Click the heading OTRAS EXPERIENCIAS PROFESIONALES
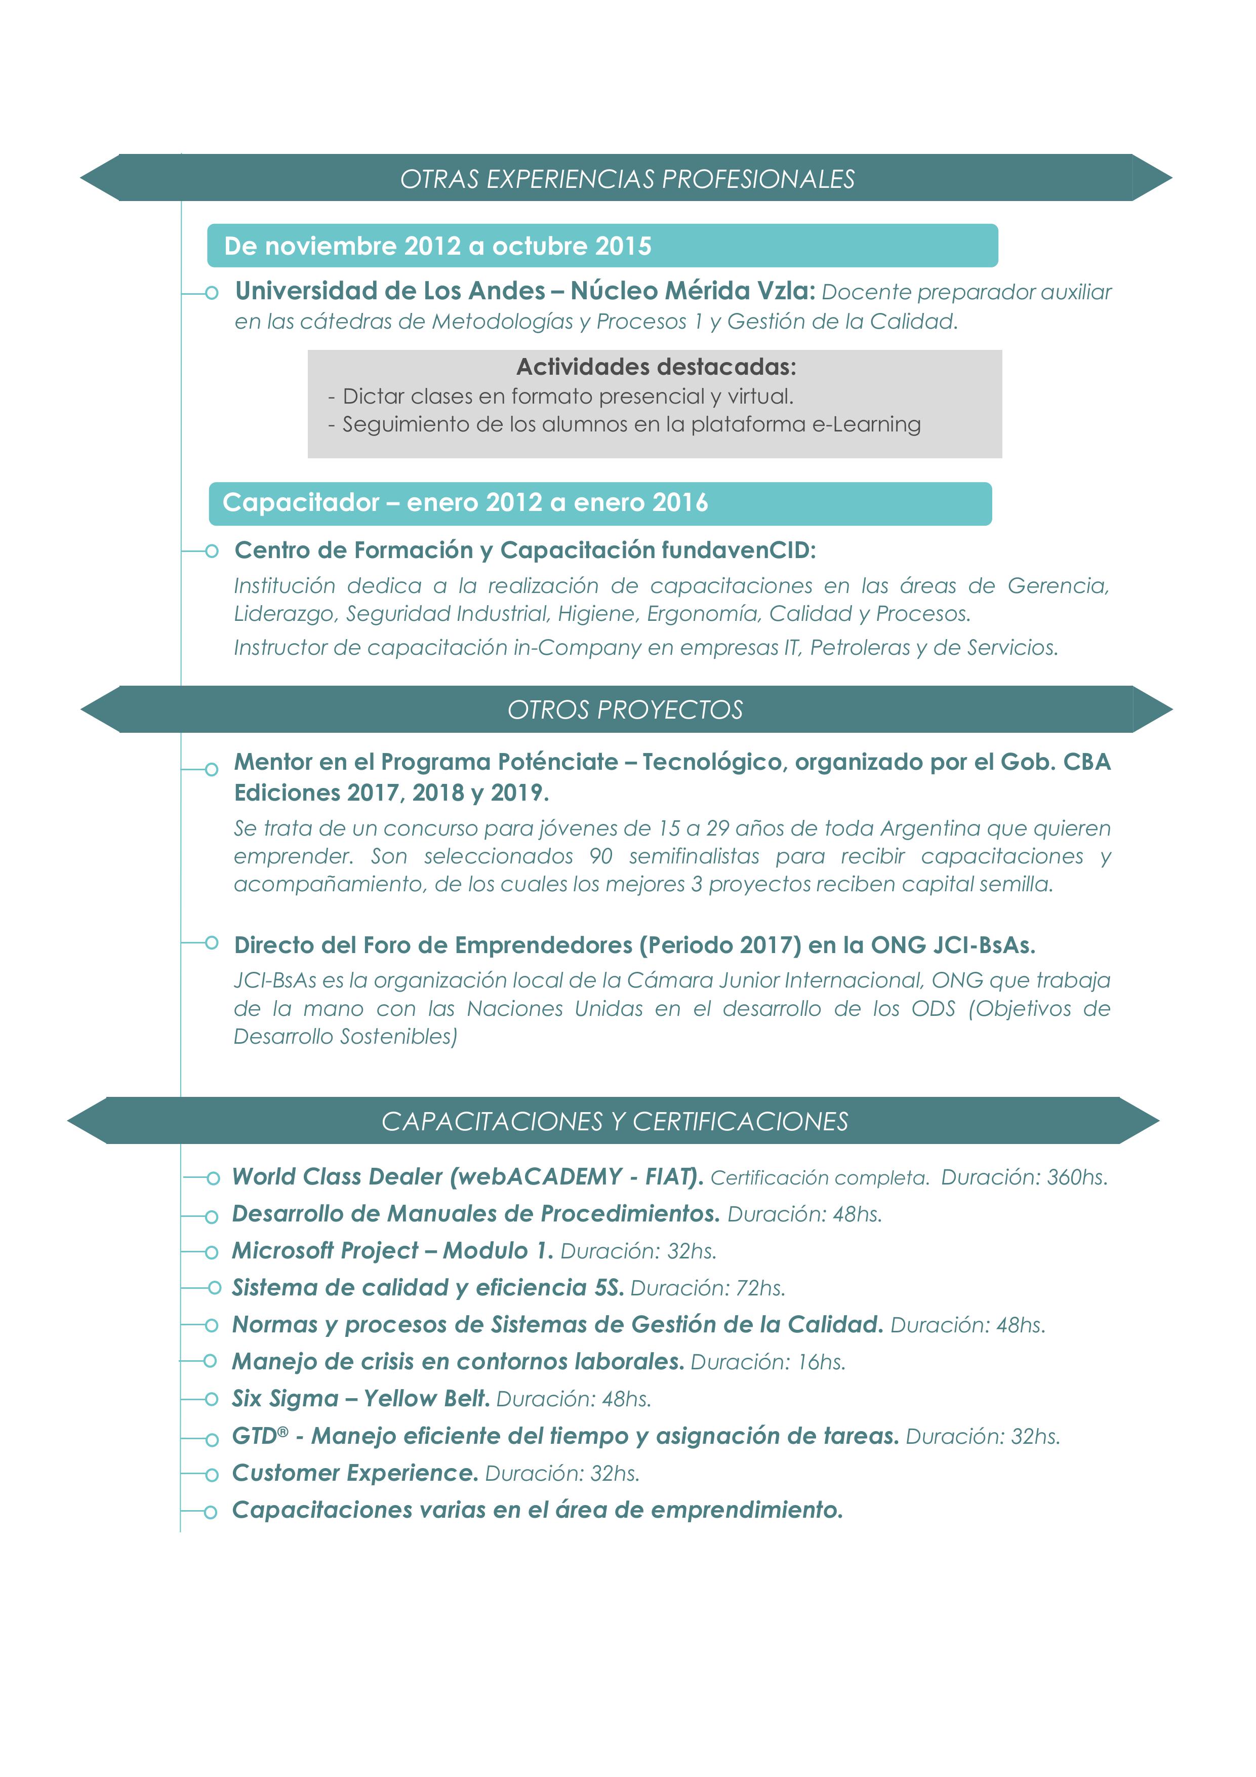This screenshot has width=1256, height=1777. pyautogui.click(x=627, y=179)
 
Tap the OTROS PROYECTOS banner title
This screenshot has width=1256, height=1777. pyautogui.click(x=625, y=709)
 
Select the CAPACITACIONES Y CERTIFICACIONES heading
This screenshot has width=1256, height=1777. pyautogui.click(x=615, y=1122)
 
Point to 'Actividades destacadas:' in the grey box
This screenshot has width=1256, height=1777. pyautogui.click(x=656, y=366)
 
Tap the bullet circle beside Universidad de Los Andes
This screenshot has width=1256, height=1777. pyautogui.click(x=211, y=293)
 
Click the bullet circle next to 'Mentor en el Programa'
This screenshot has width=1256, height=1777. pyautogui.click(x=211, y=769)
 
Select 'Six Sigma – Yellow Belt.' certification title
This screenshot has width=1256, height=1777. pyautogui.click(x=360, y=1399)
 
